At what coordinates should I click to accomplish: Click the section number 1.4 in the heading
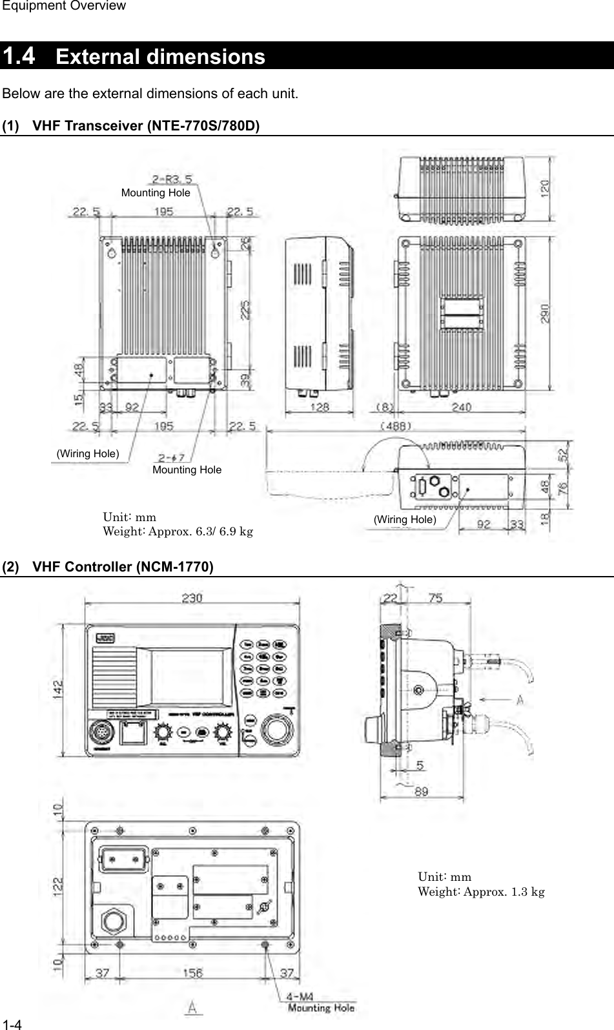coord(19,56)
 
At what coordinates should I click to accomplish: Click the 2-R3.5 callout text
coord(172,180)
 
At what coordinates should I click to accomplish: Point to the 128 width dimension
coord(319,407)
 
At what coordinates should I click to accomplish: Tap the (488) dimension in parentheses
coord(395,426)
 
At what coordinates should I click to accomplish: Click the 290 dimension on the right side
coord(546,313)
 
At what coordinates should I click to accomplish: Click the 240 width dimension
coord(461,407)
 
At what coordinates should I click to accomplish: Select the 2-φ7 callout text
coord(169,458)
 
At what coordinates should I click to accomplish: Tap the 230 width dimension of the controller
coord(192,598)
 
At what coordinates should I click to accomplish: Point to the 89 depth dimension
coord(421,792)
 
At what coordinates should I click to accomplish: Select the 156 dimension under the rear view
coord(192,973)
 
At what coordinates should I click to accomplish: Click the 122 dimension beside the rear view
coord(58,885)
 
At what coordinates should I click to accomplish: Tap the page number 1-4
coord(12,1024)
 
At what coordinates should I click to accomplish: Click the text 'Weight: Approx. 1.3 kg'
coord(481,892)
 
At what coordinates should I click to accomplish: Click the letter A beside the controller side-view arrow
coord(520,699)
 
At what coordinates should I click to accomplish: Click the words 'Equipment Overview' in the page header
coord(63,6)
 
